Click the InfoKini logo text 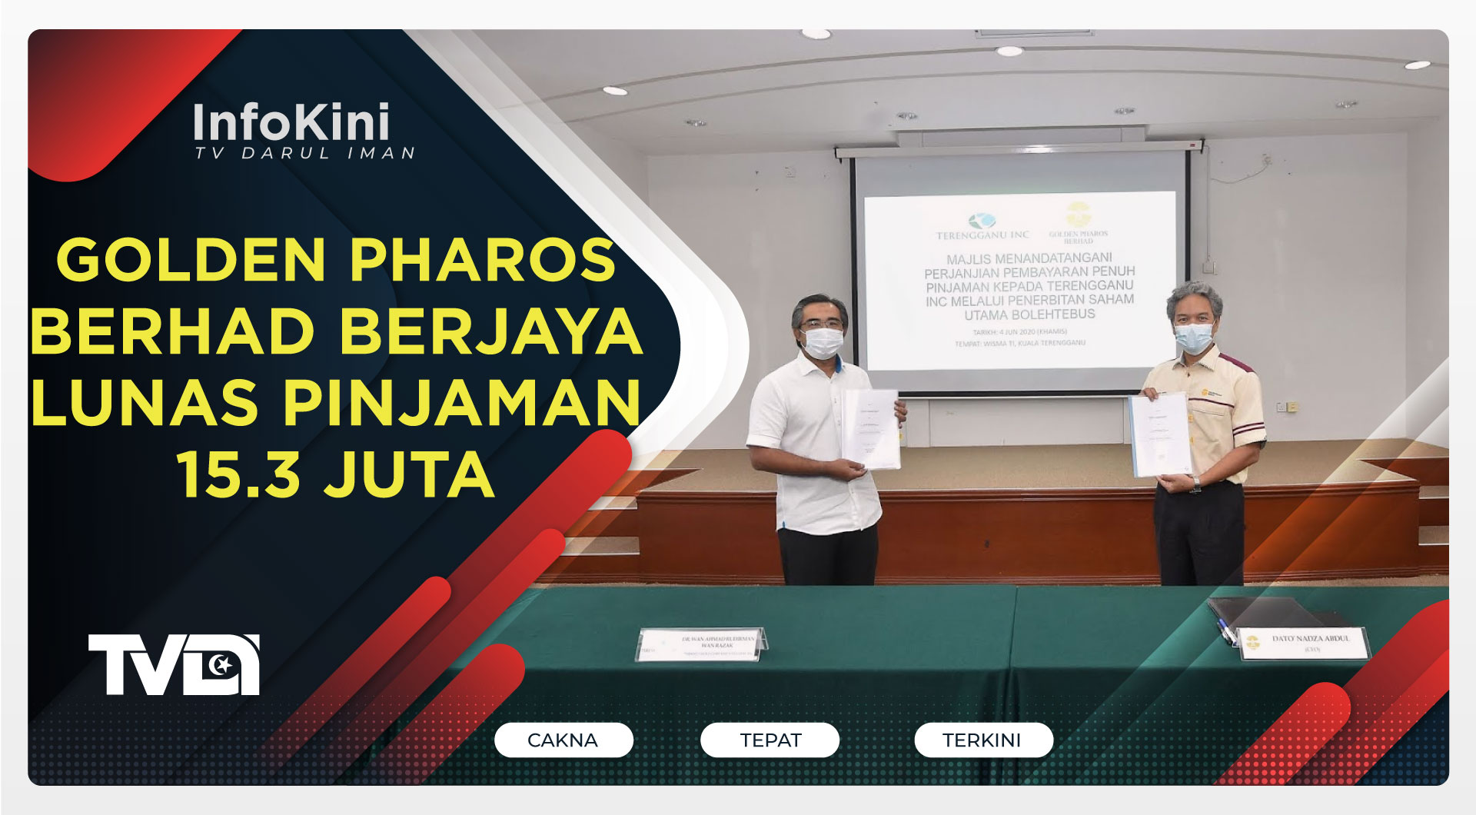(291, 123)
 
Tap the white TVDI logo (174, 664)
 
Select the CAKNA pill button (563, 740)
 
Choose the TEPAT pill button (770, 740)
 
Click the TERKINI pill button (982, 740)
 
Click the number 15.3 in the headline (238, 475)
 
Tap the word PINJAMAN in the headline (461, 403)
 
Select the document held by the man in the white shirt (872, 429)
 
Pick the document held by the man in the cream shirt (1159, 435)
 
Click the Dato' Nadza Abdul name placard (1305, 644)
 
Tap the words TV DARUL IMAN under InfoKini (304, 154)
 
